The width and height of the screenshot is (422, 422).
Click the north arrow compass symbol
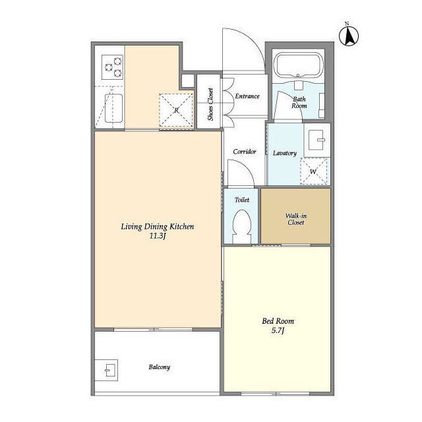[x=349, y=36]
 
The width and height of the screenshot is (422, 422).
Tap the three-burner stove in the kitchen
[x=112, y=67]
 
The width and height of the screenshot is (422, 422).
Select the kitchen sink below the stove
[x=113, y=108]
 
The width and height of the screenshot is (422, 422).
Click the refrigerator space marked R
[x=176, y=110]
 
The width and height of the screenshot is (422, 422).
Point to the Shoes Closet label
[x=210, y=104]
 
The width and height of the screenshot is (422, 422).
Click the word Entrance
[x=247, y=96]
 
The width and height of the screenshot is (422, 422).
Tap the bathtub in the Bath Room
[x=298, y=65]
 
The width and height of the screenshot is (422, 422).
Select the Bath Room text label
[x=299, y=103]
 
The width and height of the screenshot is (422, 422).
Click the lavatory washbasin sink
[x=316, y=140]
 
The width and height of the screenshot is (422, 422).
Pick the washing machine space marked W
[x=313, y=171]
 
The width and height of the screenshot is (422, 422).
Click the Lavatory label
[x=285, y=153]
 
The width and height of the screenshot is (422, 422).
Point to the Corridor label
[x=245, y=152]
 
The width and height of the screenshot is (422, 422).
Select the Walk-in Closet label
[x=296, y=219]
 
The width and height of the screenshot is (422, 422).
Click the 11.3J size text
[x=157, y=236]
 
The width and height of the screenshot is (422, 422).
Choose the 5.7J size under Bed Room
[x=278, y=330]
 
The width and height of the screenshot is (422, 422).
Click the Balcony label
[x=160, y=367]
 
